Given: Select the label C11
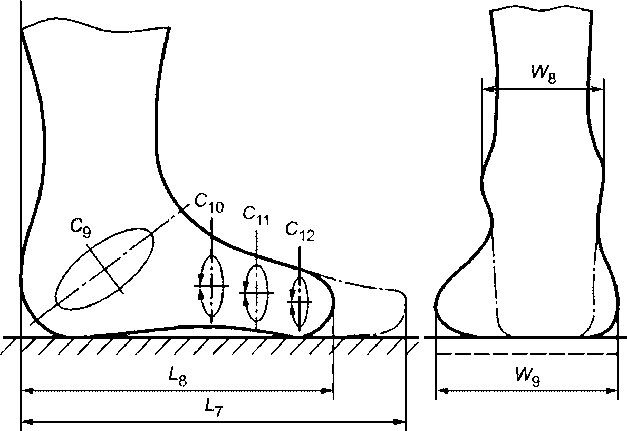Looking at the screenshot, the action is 256,216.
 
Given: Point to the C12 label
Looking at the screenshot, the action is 300,232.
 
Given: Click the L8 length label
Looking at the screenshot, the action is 178,377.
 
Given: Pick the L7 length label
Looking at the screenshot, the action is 213,409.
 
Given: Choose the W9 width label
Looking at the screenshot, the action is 527,377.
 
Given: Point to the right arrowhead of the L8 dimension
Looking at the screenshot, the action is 327,390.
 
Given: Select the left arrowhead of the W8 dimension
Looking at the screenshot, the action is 488,89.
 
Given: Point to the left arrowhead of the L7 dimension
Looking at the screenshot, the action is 26,422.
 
